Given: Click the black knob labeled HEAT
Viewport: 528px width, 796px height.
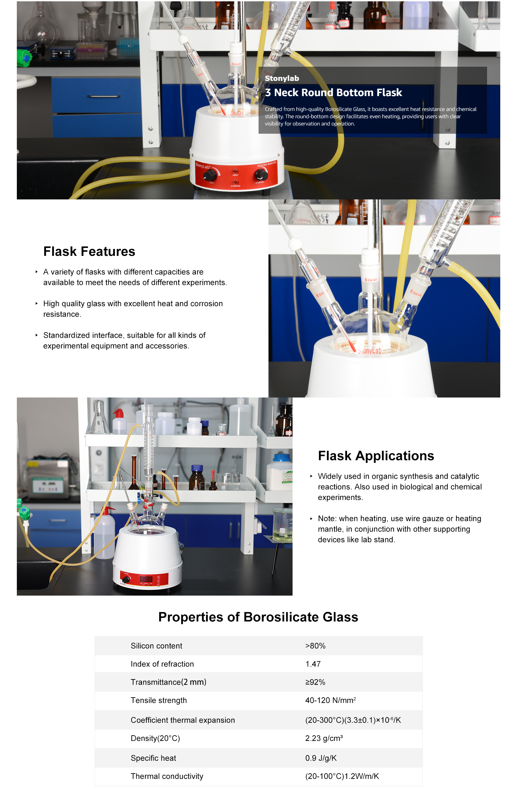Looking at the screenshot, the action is click(x=209, y=175).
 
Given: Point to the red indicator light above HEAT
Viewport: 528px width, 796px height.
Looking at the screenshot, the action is click(x=235, y=171).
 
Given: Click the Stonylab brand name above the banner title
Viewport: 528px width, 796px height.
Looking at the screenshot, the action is click(x=282, y=78).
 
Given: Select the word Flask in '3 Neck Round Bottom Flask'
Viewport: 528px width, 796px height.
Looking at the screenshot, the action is click(x=389, y=92).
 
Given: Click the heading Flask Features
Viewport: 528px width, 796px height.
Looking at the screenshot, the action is click(x=89, y=251).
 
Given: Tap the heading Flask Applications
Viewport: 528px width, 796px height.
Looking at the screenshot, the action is click(x=376, y=455).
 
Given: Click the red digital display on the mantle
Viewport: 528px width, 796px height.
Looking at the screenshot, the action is click(x=146, y=579).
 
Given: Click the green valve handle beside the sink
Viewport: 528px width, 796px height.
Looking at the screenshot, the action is click(x=24, y=514).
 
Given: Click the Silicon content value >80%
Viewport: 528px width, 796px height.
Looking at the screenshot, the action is click(x=315, y=645).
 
